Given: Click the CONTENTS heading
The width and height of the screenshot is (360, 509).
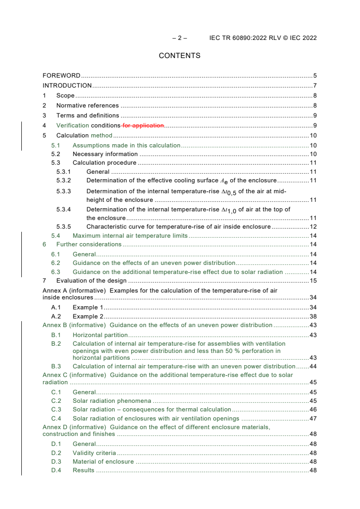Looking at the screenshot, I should tap(179, 56).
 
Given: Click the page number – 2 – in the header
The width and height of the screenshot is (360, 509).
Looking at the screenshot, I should tap(179, 38).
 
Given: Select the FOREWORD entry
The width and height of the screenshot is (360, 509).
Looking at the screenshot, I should tap(61, 76).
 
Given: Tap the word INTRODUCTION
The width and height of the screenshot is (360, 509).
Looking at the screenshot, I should tap(67, 86).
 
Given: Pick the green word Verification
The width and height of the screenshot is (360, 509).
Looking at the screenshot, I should tap(73, 126).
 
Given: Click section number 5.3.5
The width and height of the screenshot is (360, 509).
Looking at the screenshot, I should tap(64, 226).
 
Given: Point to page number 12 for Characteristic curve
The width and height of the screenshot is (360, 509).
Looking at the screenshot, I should tap(313, 226).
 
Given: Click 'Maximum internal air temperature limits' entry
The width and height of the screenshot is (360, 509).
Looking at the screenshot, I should tap(130, 236).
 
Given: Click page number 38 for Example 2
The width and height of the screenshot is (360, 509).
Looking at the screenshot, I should tap(313, 316).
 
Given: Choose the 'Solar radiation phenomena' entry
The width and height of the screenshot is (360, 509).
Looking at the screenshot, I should tap(112, 401).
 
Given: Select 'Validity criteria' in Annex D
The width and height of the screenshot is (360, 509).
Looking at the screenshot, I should tap(94, 453).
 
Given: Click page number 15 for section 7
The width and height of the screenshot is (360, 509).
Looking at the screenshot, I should tap(313, 281).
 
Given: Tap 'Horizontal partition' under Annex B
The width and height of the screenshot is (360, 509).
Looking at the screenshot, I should tap(100, 335).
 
